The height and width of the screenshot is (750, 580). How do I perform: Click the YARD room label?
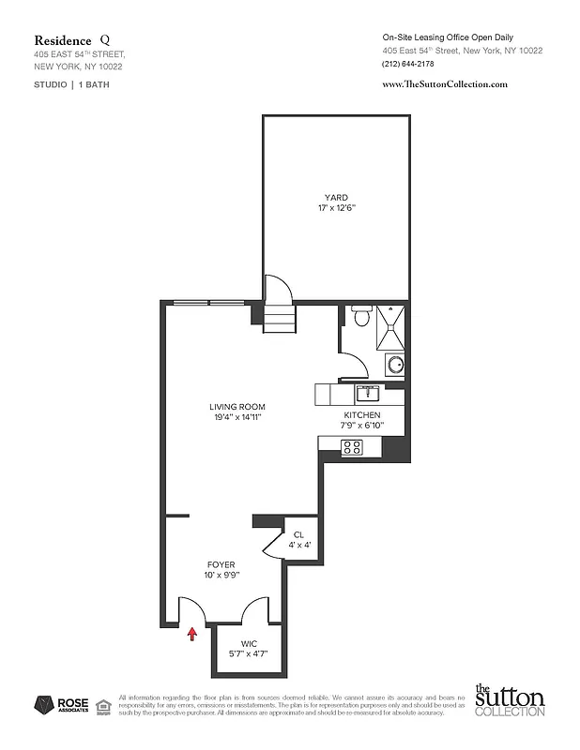(x=336, y=197)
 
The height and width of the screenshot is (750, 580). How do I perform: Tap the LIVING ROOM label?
(x=237, y=407)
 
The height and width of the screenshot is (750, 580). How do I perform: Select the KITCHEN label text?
(x=361, y=414)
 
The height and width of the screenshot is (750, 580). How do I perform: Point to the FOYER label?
(x=221, y=564)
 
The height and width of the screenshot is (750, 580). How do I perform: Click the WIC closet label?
(x=249, y=643)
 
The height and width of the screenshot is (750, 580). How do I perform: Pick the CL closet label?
(x=299, y=535)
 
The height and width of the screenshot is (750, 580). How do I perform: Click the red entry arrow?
(x=193, y=634)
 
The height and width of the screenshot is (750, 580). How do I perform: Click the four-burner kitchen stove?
(x=353, y=446)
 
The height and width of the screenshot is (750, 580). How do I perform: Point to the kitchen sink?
(x=367, y=392)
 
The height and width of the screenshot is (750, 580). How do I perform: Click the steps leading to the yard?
(x=279, y=320)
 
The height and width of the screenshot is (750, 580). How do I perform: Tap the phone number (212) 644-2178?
(x=409, y=64)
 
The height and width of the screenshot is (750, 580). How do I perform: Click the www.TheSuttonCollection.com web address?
(x=446, y=84)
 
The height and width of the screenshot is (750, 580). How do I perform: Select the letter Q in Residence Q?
(x=103, y=40)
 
